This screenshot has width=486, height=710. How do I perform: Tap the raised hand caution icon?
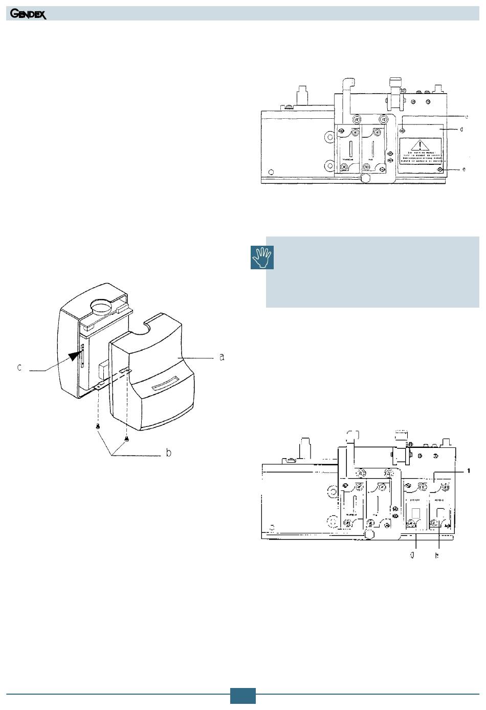pyautogui.click(x=262, y=257)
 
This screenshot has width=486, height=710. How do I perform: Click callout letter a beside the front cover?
pyautogui.click(x=222, y=357)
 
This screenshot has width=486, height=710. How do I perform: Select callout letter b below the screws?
pyautogui.click(x=169, y=453)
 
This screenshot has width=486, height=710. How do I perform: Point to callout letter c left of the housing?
pyautogui.click(x=19, y=368)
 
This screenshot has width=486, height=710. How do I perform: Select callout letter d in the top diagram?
pyautogui.click(x=461, y=130)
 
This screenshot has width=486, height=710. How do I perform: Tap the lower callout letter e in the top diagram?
pyautogui.click(x=464, y=169)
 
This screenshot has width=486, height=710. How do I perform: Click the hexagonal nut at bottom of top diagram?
pyautogui.click(x=366, y=179)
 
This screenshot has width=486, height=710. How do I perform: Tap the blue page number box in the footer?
pyautogui.click(x=242, y=696)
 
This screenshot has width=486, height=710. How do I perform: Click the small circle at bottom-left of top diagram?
pyautogui.click(x=271, y=171)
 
